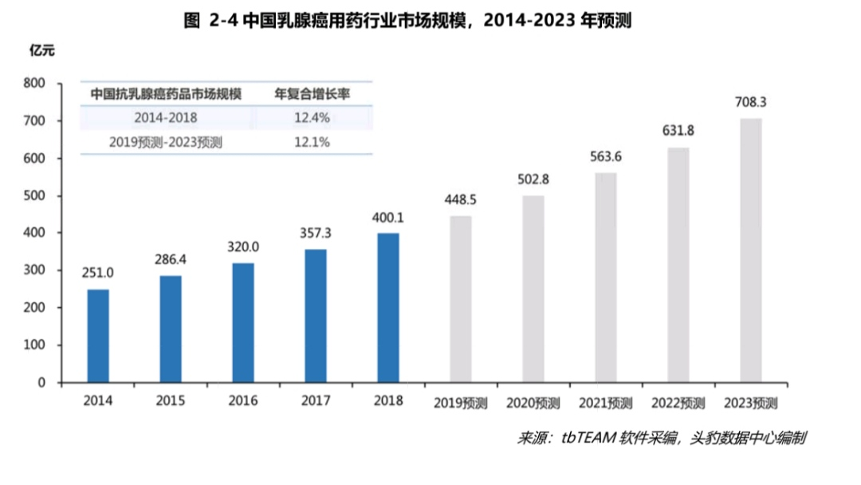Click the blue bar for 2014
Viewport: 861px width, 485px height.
tap(98, 336)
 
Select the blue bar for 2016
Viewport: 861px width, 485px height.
tap(243, 323)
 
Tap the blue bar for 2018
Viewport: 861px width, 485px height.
tap(388, 308)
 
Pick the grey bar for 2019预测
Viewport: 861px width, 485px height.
tap(461, 299)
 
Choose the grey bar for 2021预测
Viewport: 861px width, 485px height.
tap(606, 278)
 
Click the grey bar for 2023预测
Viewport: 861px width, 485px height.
tap(751, 250)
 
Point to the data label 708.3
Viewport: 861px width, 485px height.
tap(751, 103)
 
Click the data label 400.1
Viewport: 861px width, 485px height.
tap(388, 217)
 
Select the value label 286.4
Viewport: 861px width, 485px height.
tap(171, 260)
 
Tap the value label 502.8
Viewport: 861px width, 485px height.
tap(533, 180)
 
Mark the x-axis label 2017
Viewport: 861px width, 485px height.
tap(316, 400)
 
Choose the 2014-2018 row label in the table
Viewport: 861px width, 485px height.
tap(166, 118)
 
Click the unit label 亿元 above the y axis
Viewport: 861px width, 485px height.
tap(42, 52)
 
